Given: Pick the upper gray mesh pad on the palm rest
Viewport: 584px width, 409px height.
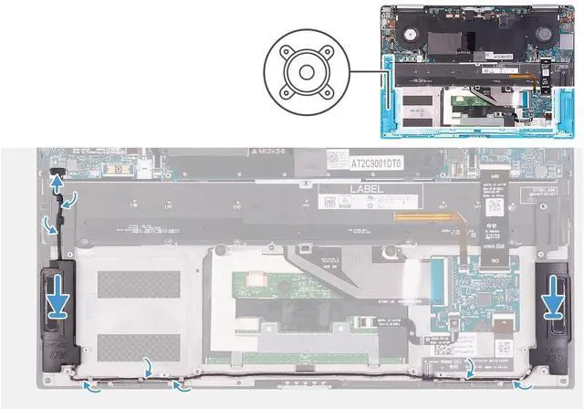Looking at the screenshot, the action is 133,284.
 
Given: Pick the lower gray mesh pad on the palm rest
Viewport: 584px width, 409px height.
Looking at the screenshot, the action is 133,346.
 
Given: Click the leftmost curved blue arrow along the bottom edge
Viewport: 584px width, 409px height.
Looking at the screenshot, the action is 90,387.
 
